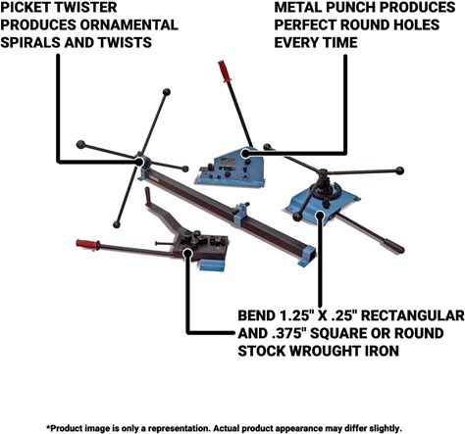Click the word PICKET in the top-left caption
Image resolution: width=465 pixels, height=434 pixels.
tap(26, 8)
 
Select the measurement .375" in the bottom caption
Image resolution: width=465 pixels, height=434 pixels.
tap(288, 333)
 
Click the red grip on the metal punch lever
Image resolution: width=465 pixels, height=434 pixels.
tap(225, 71)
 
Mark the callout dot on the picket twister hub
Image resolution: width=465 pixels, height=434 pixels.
tap(139, 162)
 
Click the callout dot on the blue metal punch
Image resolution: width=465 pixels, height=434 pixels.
tap(245, 153)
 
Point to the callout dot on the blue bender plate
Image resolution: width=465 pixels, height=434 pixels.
tap(320, 215)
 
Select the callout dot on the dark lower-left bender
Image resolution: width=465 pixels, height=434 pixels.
tap(187, 253)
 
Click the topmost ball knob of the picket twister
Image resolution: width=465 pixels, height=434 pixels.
tap(167, 92)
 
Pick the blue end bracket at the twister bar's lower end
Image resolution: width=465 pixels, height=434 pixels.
tap(307, 257)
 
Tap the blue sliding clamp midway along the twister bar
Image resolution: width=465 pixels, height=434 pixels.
tap(240, 215)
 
